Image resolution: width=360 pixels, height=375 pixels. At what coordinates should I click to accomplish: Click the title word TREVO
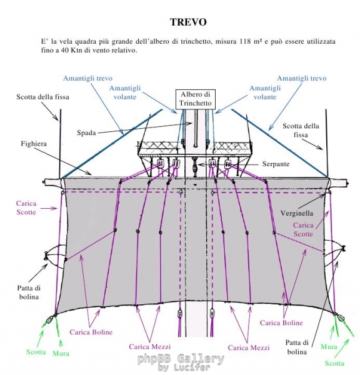[x=188, y=22]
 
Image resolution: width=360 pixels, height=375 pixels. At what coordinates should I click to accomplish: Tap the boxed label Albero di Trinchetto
[x=196, y=99]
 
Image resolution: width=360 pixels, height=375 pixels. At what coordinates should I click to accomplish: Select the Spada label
[x=86, y=133]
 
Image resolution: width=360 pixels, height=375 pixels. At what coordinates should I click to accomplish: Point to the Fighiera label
[x=34, y=144]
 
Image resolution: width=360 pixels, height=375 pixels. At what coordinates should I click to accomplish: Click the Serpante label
[x=276, y=164]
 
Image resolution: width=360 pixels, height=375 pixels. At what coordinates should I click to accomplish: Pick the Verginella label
[x=297, y=213]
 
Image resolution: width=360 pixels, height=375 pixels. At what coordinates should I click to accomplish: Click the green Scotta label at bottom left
[x=36, y=352]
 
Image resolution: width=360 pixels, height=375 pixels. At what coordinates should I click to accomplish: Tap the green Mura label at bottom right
[x=329, y=346]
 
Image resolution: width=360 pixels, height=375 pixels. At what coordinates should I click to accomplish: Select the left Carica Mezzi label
[x=150, y=347]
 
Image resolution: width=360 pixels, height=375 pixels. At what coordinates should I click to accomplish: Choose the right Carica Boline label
[x=281, y=323]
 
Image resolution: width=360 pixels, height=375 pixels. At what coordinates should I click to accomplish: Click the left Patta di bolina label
[x=29, y=292]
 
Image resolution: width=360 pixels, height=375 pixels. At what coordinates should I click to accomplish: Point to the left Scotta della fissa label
[x=42, y=97]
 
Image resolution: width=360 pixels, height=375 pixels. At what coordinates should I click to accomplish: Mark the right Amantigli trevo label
[x=302, y=78]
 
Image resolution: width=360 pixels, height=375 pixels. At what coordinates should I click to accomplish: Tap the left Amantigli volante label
[x=125, y=92]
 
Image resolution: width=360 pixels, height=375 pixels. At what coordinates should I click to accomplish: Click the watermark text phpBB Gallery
[x=181, y=359]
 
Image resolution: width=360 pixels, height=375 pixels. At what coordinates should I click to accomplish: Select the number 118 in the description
[x=246, y=41]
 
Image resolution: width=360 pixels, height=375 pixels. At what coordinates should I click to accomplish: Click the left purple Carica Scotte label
[x=26, y=207]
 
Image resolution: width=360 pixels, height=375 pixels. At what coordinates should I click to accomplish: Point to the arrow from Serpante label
[x=229, y=164]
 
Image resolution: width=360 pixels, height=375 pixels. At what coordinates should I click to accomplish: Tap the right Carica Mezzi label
[x=249, y=347]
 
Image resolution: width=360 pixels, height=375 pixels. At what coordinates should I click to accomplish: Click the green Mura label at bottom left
[x=61, y=353]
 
